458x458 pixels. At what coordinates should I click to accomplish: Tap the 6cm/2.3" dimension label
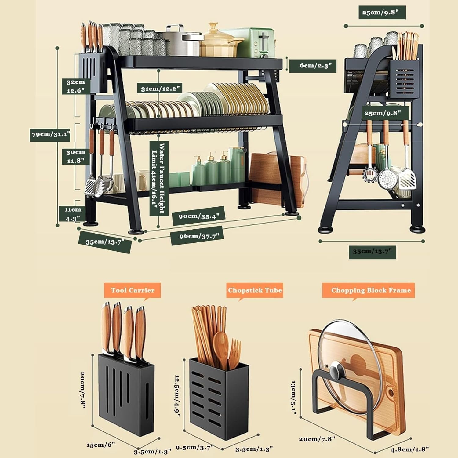[x=313, y=66]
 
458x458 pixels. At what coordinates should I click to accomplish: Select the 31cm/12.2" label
[x=159, y=89]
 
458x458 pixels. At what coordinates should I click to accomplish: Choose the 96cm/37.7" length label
[x=197, y=236]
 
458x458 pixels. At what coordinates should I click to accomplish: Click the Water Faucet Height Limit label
[x=159, y=179]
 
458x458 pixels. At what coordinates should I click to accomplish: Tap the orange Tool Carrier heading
[x=133, y=290]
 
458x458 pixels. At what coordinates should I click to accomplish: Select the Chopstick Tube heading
[x=255, y=290]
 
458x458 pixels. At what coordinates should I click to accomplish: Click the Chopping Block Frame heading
[x=369, y=290]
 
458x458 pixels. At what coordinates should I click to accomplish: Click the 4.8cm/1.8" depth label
[x=409, y=449]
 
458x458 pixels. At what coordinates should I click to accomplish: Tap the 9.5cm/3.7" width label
[x=194, y=448]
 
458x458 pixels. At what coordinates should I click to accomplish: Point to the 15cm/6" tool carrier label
[x=101, y=445]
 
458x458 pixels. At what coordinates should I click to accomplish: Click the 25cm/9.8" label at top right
[x=382, y=13]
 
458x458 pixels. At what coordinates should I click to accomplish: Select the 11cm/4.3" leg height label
[x=73, y=214]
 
